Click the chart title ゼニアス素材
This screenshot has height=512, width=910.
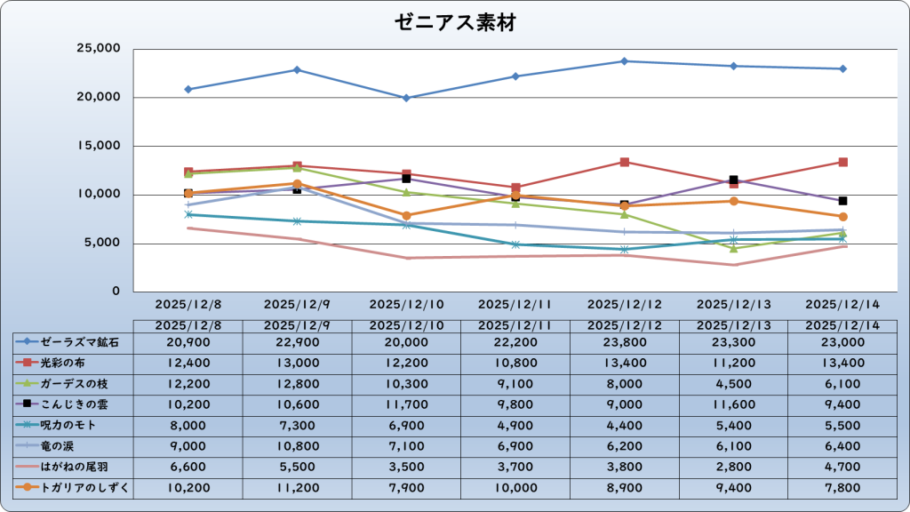click(x=455, y=23)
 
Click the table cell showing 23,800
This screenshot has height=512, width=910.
click(x=625, y=342)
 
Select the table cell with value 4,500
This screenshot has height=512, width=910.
click(x=734, y=383)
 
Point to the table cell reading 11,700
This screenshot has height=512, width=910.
click(x=406, y=404)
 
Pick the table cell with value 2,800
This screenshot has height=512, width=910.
click(x=734, y=467)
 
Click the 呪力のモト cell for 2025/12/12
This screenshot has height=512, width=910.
click(x=625, y=425)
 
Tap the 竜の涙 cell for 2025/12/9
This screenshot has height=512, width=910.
click(x=297, y=445)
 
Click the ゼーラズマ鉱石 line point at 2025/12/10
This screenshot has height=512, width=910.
click(x=406, y=98)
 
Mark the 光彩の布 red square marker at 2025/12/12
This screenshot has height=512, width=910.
click(x=625, y=162)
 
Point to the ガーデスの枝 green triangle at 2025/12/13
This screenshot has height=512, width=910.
click(x=734, y=248)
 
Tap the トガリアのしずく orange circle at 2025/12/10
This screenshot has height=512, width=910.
click(x=406, y=215)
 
